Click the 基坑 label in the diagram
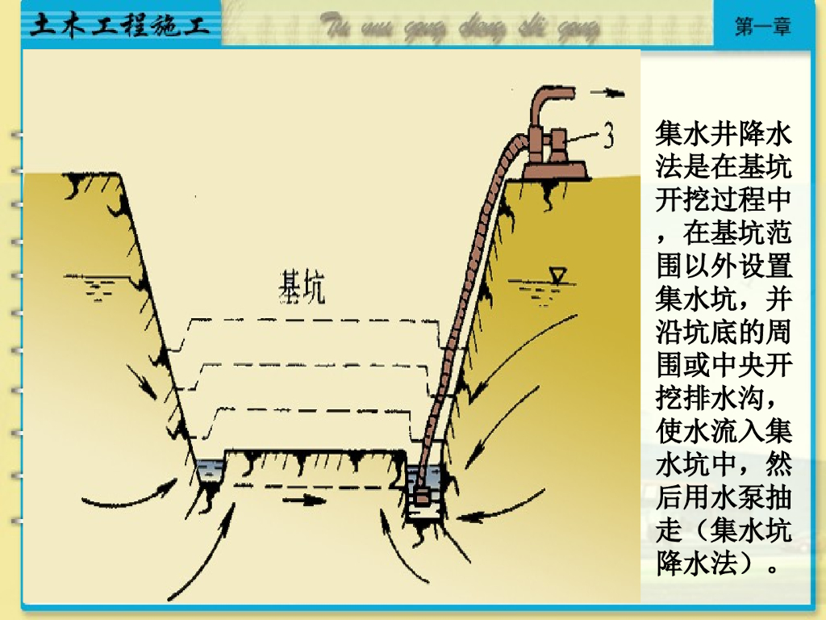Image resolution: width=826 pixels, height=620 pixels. coord(302,287)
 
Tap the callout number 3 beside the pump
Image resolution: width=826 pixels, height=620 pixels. coord(609,136)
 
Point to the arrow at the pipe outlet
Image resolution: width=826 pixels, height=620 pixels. coord(607,92)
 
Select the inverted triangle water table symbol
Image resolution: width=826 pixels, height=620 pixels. coord(557,274)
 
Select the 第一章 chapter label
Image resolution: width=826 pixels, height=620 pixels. coord(762,26)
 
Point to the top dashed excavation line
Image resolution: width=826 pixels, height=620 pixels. coord(315,320)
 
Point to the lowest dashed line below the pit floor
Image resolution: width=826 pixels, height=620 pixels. coord(315,486)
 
